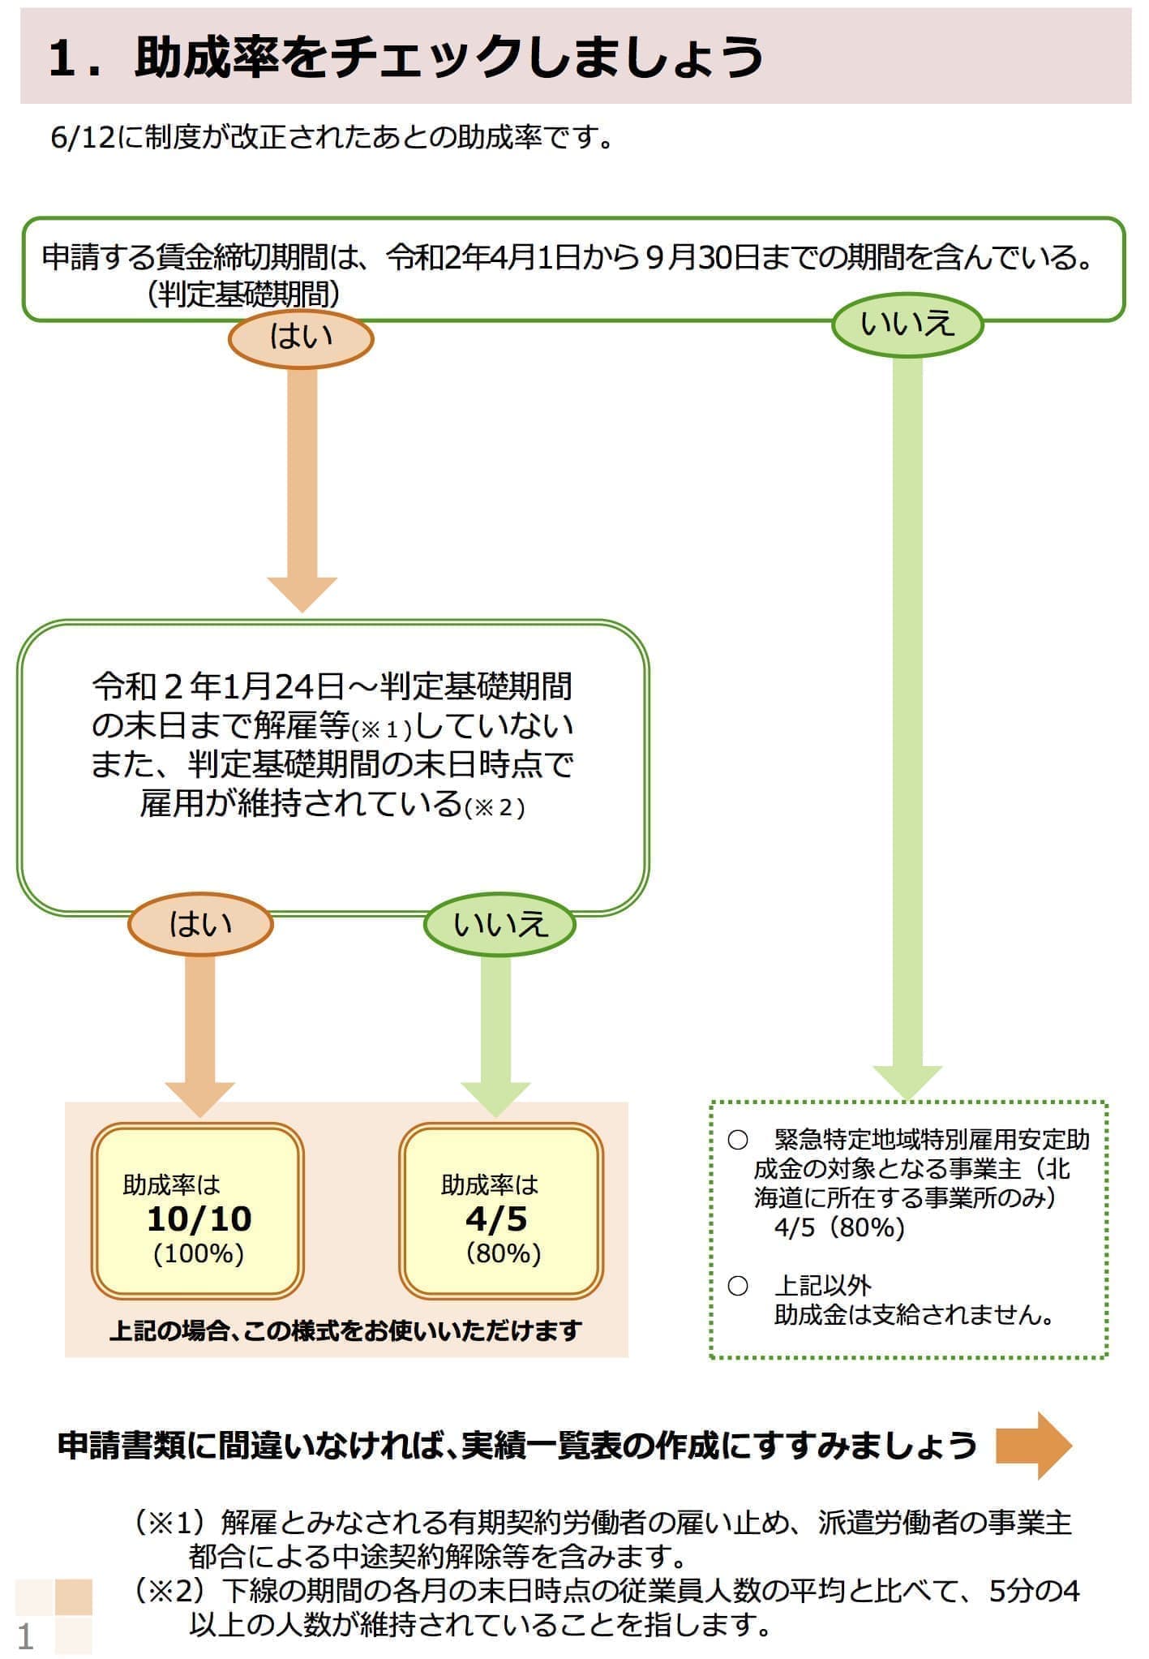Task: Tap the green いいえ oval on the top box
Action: coord(907,324)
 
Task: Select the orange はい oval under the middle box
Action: coord(200,924)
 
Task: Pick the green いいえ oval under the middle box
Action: coord(499,924)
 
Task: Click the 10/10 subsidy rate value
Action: coord(199,1218)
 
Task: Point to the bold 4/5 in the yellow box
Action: coord(496,1218)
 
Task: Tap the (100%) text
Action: coord(199,1253)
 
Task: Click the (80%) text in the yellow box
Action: coord(503,1253)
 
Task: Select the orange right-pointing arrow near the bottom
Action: coord(1033,1446)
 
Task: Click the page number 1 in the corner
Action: coord(25,1636)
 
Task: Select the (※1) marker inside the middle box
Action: coord(382,730)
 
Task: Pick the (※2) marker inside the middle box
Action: coord(494,808)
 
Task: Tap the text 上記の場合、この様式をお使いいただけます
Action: coord(345,1330)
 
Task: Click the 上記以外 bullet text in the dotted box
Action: coord(822,1286)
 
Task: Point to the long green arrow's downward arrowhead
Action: coord(907,1082)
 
